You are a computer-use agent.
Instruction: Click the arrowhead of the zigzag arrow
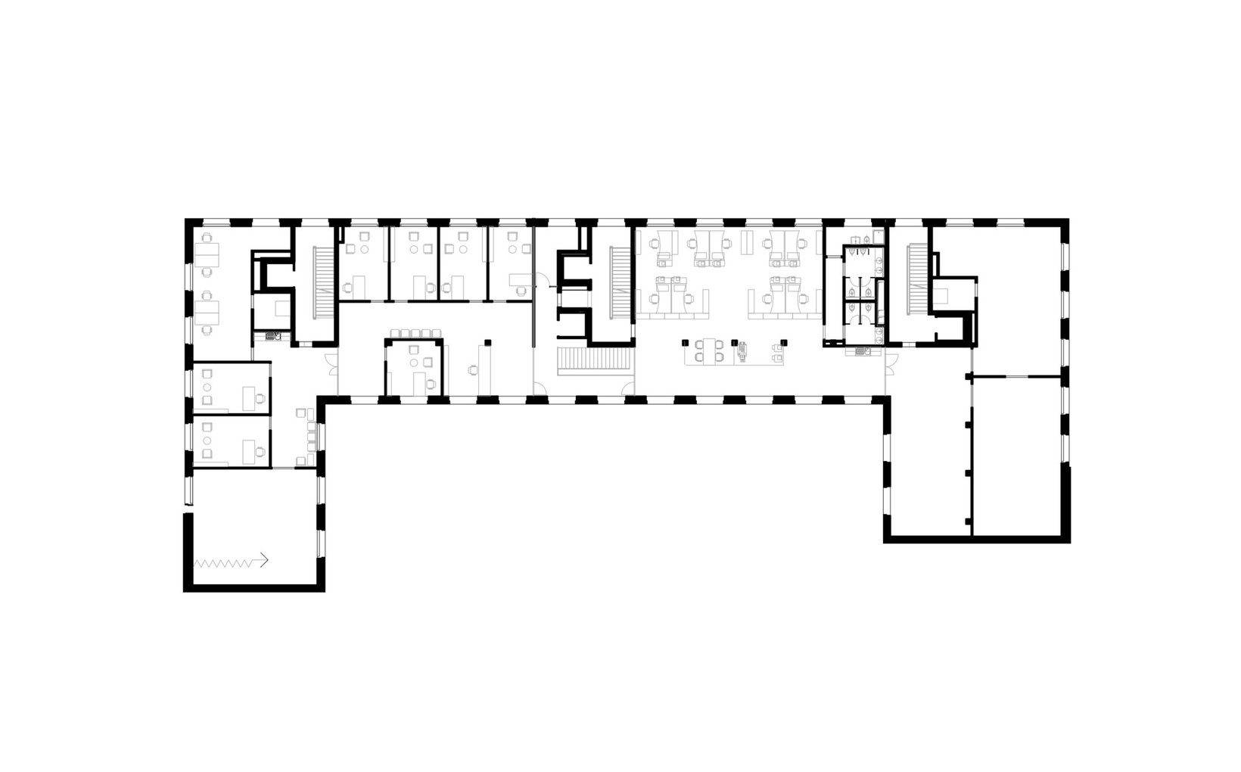(x=265, y=561)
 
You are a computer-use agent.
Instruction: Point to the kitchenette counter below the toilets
(x=863, y=350)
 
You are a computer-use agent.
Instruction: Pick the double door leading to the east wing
(x=891, y=363)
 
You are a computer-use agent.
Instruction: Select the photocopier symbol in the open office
(x=742, y=350)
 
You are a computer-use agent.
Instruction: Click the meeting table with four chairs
(x=709, y=351)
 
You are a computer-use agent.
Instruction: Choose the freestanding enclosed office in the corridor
(x=413, y=367)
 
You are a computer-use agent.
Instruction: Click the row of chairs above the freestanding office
(x=412, y=334)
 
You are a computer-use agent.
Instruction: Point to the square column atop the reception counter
(x=490, y=342)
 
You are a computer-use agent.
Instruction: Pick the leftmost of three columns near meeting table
(x=686, y=343)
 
